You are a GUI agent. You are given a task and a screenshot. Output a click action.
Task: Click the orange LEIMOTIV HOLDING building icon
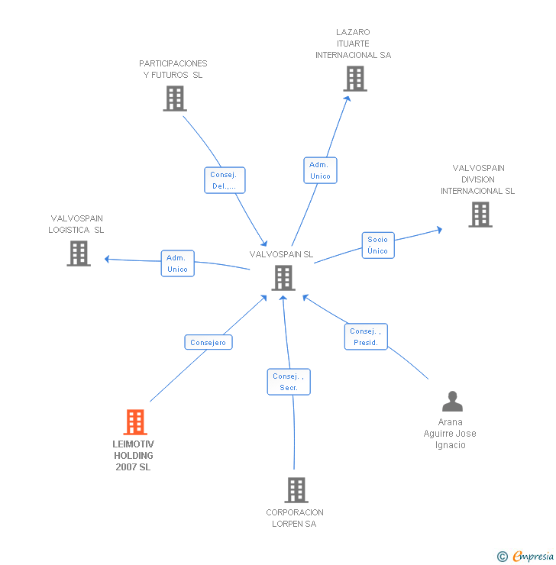135,422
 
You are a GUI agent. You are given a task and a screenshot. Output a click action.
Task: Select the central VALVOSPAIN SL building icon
283,278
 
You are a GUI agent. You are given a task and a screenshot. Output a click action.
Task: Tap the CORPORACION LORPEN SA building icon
296,490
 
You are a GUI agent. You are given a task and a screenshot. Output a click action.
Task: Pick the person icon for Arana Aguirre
452,402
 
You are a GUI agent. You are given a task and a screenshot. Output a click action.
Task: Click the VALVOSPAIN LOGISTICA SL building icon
79,253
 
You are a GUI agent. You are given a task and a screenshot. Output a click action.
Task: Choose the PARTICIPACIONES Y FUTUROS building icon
174,98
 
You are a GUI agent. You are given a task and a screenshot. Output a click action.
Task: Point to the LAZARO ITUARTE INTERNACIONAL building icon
354,79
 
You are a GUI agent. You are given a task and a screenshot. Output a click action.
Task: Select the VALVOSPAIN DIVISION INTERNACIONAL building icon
480,215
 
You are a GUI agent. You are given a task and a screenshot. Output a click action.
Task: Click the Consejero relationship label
208,343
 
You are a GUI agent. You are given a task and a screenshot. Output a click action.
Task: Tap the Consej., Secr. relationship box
289,382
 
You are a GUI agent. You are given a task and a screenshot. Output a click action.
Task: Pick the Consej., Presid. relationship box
366,337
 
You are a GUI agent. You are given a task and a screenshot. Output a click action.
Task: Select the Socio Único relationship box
377,245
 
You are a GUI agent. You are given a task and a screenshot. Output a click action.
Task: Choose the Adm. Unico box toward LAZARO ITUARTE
320,170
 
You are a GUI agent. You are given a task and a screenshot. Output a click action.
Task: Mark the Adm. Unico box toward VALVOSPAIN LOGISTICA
177,263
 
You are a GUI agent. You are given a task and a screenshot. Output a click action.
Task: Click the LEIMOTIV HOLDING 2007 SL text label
134,455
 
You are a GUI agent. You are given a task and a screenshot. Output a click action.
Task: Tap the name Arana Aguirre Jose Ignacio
450,434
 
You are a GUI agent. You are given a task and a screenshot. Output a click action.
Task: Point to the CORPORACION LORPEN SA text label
295,518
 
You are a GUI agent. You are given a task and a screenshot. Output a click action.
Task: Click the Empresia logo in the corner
525,556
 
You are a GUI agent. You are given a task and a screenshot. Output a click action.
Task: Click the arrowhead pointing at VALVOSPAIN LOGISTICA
108,259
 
